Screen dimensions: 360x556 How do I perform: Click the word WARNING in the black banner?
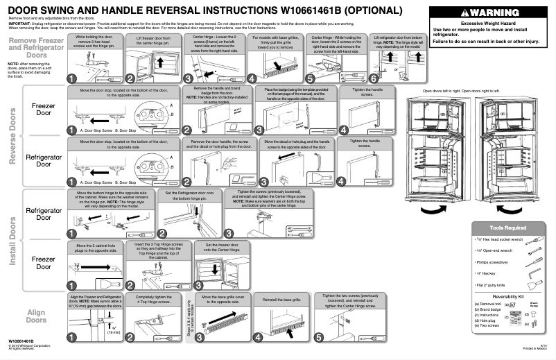(x=494, y=14)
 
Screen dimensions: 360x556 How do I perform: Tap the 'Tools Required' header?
(x=508, y=227)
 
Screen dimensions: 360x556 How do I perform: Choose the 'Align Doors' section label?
(x=36, y=316)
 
